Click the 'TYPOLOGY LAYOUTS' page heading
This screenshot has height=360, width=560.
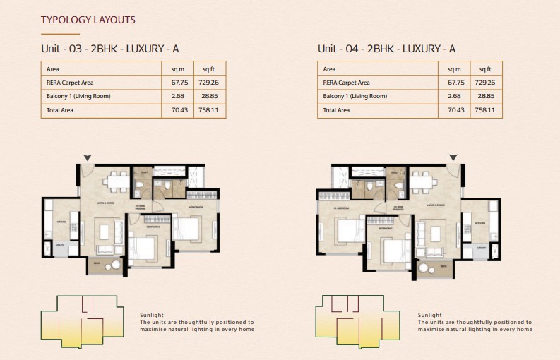(88, 20)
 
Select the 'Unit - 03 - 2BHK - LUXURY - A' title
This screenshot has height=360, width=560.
(109, 49)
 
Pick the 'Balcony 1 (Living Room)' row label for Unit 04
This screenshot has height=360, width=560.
(355, 96)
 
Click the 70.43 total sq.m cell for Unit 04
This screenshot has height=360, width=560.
(454, 110)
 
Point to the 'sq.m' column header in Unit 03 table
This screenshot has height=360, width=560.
(178, 69)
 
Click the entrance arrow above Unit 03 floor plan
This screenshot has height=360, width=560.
(87, 157)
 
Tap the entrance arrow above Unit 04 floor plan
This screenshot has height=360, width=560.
(453, 157)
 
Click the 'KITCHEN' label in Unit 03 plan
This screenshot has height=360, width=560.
(61, 222)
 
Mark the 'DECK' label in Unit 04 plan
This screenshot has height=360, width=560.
(443, 266)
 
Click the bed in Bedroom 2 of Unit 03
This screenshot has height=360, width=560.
(145, 249)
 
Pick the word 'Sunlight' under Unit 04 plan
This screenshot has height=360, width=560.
(430, 315)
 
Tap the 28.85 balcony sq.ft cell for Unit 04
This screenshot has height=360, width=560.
(484, 96)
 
